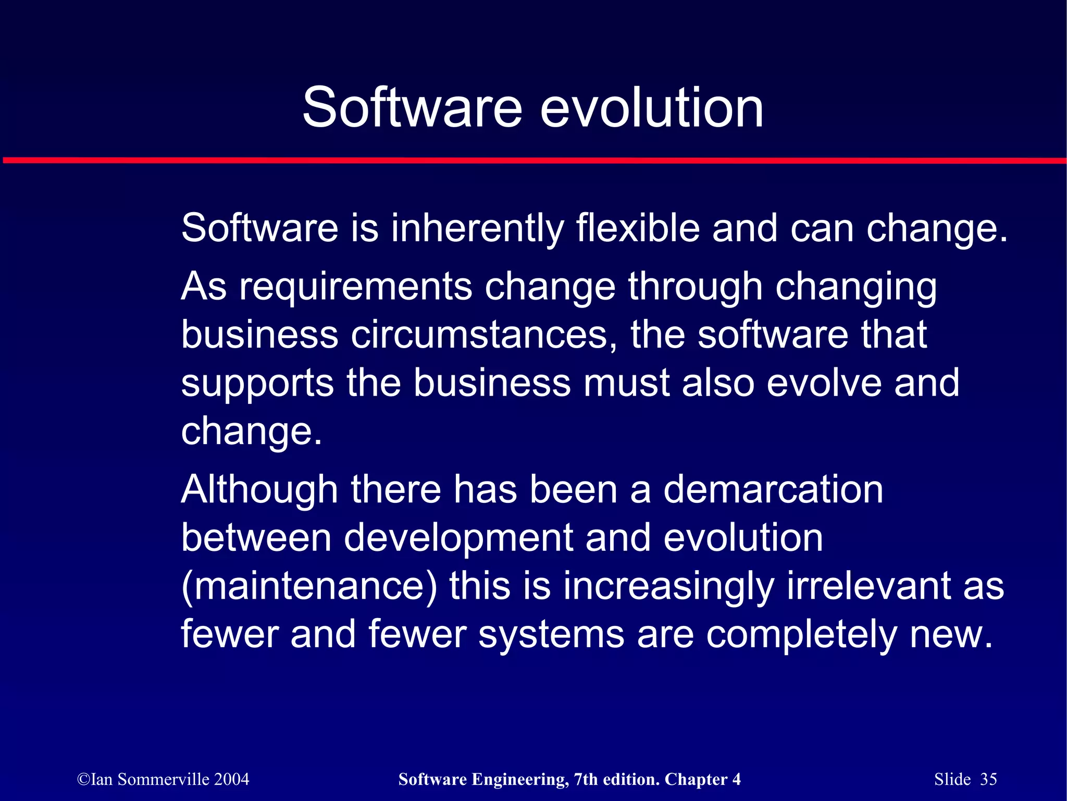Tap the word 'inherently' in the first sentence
[x=477, y=229]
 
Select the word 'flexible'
[x=638, y=229]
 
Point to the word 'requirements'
[x=355, y=287]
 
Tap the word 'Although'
[x=259, y=490]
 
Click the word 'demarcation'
[x=773, y=490]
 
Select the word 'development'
[x=458, y=538]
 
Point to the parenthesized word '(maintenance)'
[x=309, y=586]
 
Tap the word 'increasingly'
[x=668, y=586]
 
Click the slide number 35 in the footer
[x=988, y=779]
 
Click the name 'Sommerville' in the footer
[x=164, y=779]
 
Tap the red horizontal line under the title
[x=533, y=161]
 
